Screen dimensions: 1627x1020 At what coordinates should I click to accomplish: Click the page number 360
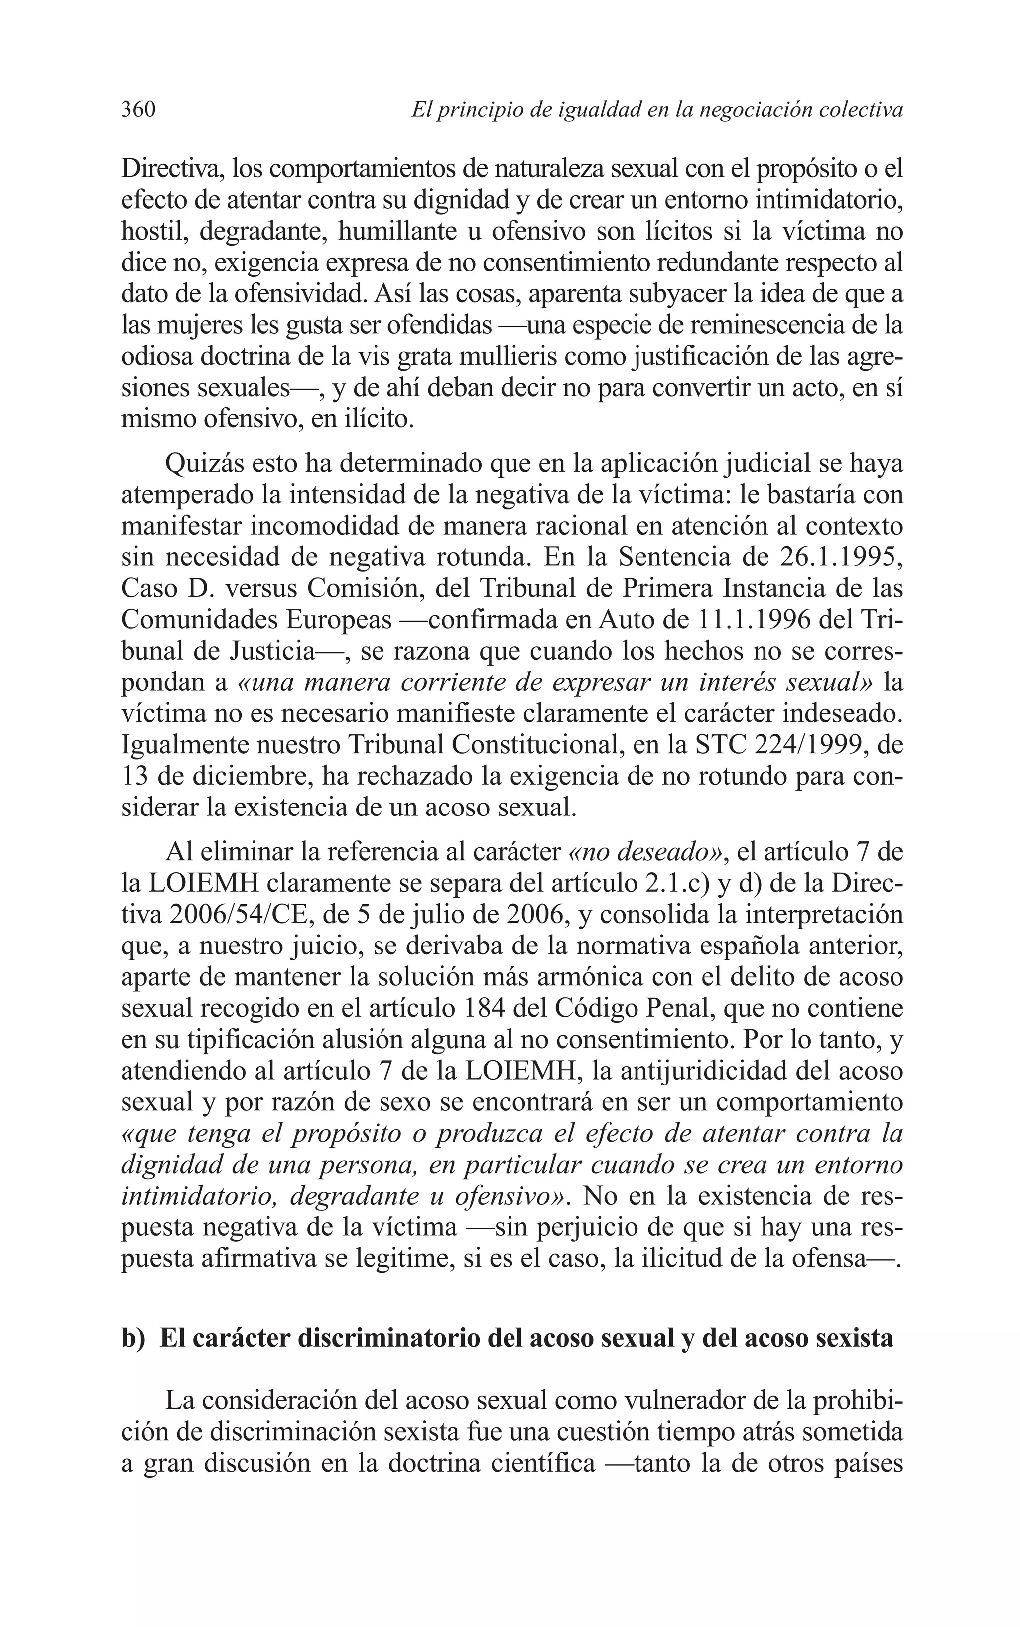[138, 109]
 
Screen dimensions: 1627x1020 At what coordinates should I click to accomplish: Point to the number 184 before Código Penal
[486, 1009]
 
